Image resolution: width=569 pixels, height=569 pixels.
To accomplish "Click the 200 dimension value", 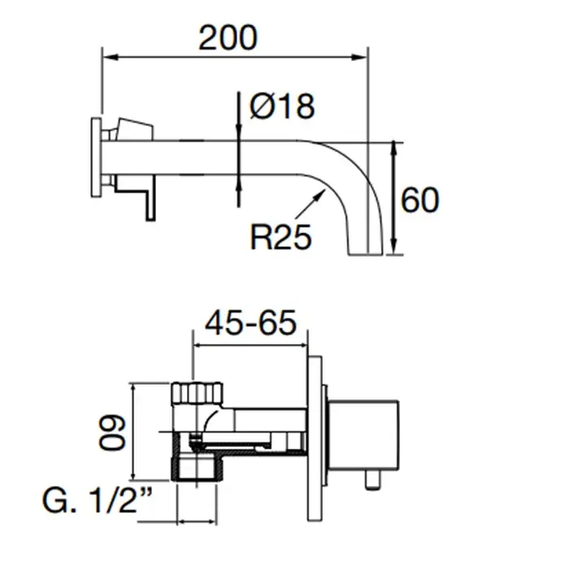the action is pyautogui.click(x=228, y=37).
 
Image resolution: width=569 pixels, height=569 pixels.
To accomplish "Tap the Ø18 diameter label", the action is pyautogui.click(x=282, y=106).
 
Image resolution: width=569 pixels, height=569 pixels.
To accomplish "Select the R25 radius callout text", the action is pyautogui.click(x=281, y=237).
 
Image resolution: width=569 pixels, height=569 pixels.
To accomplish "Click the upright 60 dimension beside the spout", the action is pyautogui.click(x=420, y=200).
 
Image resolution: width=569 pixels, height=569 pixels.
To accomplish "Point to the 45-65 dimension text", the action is pyautogui.click(x=250, y=323).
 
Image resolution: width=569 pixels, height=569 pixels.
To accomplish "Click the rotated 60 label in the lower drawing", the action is pyautogui.click(x=112, y=432).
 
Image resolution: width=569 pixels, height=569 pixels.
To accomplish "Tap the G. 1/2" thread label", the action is pyautogui.click(x=98, y=501).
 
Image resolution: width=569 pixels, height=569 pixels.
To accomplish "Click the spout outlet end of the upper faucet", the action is pyautogui.click(x=366, y=254).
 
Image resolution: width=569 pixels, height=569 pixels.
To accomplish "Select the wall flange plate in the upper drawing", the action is pyautogui.click(x=96, y=158).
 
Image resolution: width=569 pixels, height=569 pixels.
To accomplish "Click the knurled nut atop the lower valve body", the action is pyautogui.click(x=197, y=393).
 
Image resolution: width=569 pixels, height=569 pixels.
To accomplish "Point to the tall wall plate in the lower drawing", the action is pyautogui.click(x=315, y=439).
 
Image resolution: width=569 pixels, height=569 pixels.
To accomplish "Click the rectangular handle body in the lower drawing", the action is pyautogui.click(x=363, y=436).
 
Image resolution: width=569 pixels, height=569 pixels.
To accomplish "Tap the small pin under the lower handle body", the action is pyautogui.click(x=372, y=480).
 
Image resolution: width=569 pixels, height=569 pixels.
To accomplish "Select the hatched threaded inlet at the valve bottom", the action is pyautogui.click(x=197, y=469).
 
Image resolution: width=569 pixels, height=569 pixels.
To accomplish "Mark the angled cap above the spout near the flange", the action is pyautogui.click(x=133, y=128).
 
